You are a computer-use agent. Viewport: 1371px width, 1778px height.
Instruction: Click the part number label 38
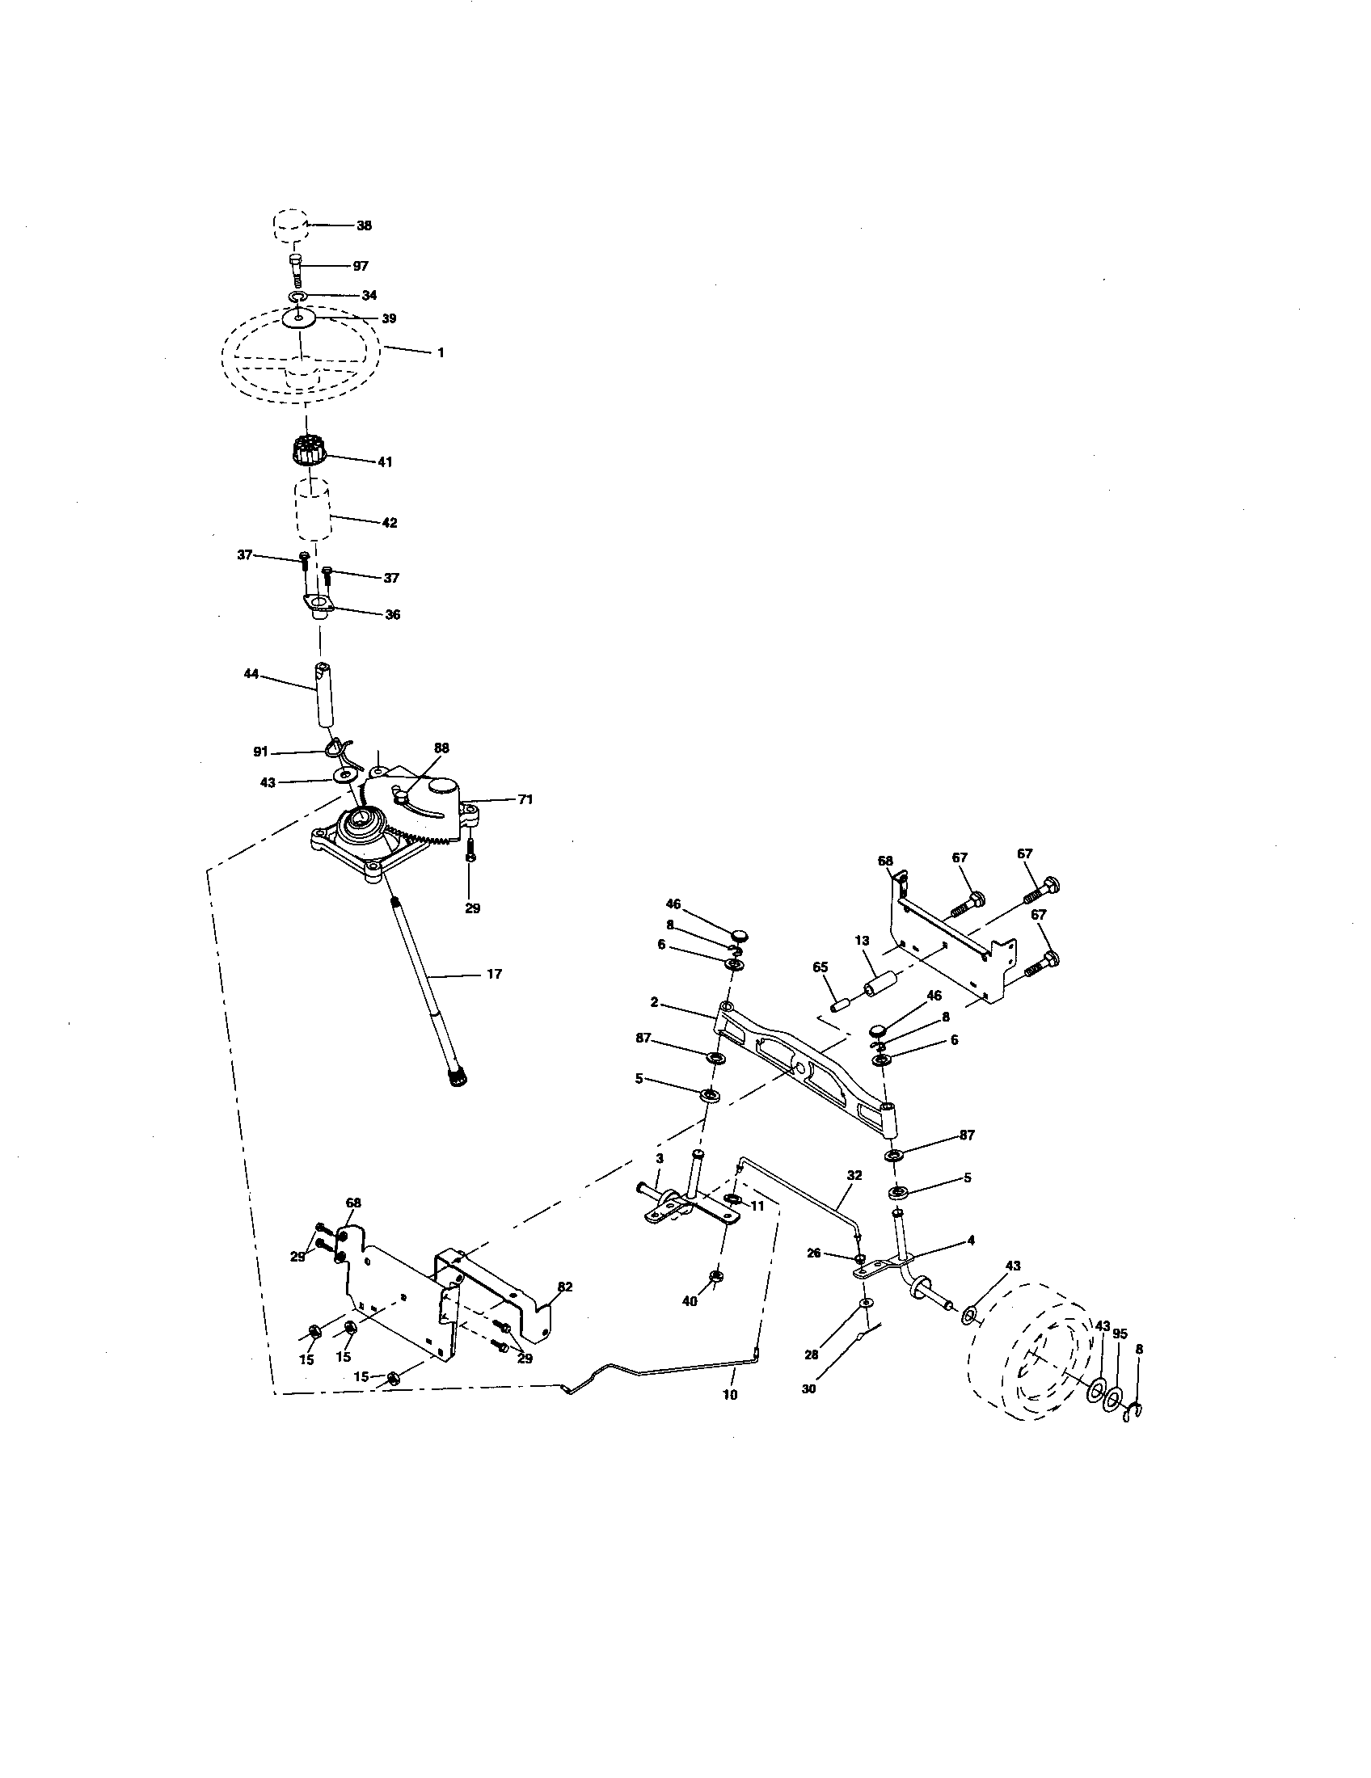click(364, 225)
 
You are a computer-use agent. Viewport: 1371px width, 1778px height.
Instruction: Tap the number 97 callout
click(361, 266)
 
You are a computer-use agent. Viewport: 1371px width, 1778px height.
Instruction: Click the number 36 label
click(392, 615)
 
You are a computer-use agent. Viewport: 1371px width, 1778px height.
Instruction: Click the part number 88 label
click(442, 748)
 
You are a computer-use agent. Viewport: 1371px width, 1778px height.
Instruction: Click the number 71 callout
click(526, 800)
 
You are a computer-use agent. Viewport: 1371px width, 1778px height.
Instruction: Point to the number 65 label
click(820, 967)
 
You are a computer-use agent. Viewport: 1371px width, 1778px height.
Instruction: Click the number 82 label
click(565, 1287)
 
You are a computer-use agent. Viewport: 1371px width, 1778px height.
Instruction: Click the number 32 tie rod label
click(853, 1175)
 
